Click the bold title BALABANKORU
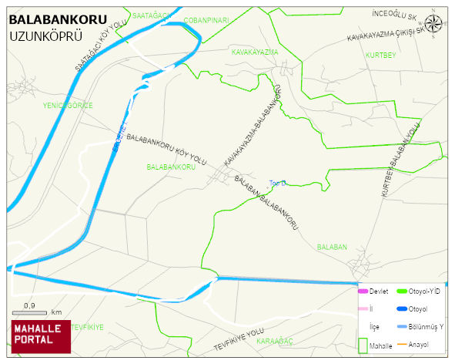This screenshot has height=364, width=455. (x=58, y=19)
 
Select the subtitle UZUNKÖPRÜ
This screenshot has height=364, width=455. (x=45, y=36)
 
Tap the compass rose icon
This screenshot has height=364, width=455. (x=433, y=23)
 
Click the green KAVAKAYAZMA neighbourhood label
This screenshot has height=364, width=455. (x=254, y=52)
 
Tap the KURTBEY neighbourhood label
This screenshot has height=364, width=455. (x=380, y=56)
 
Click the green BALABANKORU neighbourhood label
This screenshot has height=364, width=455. (x=169, y=167)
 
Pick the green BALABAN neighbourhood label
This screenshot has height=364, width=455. (x=332, y=248)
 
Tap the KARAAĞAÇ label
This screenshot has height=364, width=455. (x=275, y=340)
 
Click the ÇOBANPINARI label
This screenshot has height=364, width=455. (x=206, y=21)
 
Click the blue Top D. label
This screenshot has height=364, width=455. (x=277, y=184)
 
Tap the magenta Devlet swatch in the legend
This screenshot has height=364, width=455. (x=363, y=291)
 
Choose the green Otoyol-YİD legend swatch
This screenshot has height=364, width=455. (x=402, y=291)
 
